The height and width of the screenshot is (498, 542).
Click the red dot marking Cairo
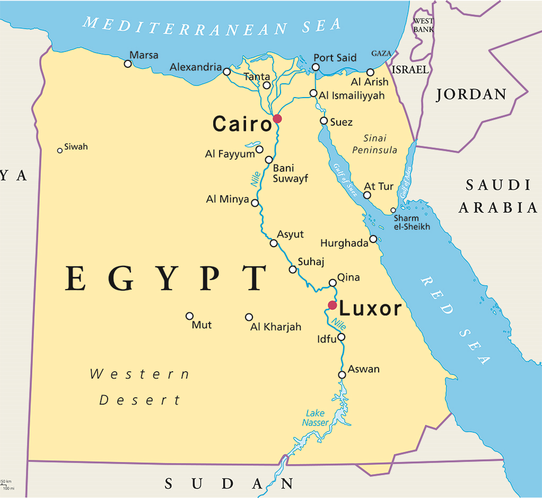(x=277, y=119)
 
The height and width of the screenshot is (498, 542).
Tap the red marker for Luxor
(x=333, y=305)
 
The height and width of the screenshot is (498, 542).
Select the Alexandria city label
(x=196, y=67)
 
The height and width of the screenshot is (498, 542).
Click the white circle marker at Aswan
(x=342, y=375)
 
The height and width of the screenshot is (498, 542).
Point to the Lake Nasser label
(x=316, y=418)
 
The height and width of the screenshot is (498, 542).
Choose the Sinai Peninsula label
(x=374, y=144)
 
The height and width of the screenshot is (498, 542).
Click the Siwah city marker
(x=60, y=151)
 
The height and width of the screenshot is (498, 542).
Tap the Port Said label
(x=335, y=58)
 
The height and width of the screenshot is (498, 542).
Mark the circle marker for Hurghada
(x=373, y=239)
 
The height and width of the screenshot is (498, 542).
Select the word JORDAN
(x=471, y=95)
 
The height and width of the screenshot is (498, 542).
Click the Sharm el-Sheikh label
(x=412, y=223)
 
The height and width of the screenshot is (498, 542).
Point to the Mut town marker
(x=189, y=316)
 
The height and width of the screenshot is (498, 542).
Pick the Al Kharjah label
(x=276, y=327)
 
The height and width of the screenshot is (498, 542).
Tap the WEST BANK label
(x=423, y=25)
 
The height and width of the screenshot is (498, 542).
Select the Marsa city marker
(x=128, y=64)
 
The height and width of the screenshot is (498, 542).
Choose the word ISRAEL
(x=409, y=69)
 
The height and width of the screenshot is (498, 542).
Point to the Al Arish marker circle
(x=370, y=72)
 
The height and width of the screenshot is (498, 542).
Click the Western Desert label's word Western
(x=139, y=374)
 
